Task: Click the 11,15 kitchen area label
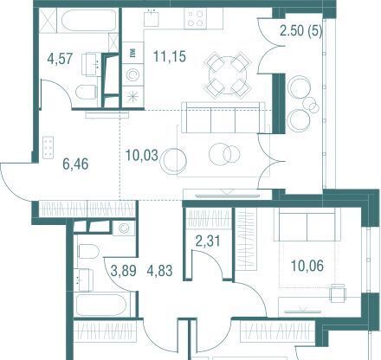pos(170,56)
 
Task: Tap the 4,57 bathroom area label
pos(60,59)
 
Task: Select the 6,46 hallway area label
pos(75,164)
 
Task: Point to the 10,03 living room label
pos(142,155)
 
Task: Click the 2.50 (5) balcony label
pos(301,31)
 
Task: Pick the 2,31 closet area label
pos(208,241)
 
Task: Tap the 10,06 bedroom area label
pos(307,266)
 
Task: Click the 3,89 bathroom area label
pos(124,271)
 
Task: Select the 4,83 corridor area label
pos(159,271)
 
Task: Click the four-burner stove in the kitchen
pos(196,18)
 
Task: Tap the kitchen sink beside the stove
pos(152,18)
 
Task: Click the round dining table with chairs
pos(228,74)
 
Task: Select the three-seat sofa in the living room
pos(223,118)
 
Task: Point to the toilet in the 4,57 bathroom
pos(87,92)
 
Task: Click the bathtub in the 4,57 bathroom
pos(88,20)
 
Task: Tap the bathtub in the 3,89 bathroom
pos(103,305)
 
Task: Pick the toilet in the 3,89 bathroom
pos(88,251)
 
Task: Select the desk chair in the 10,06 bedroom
pos(338,292)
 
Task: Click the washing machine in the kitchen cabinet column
pos(132,74)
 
